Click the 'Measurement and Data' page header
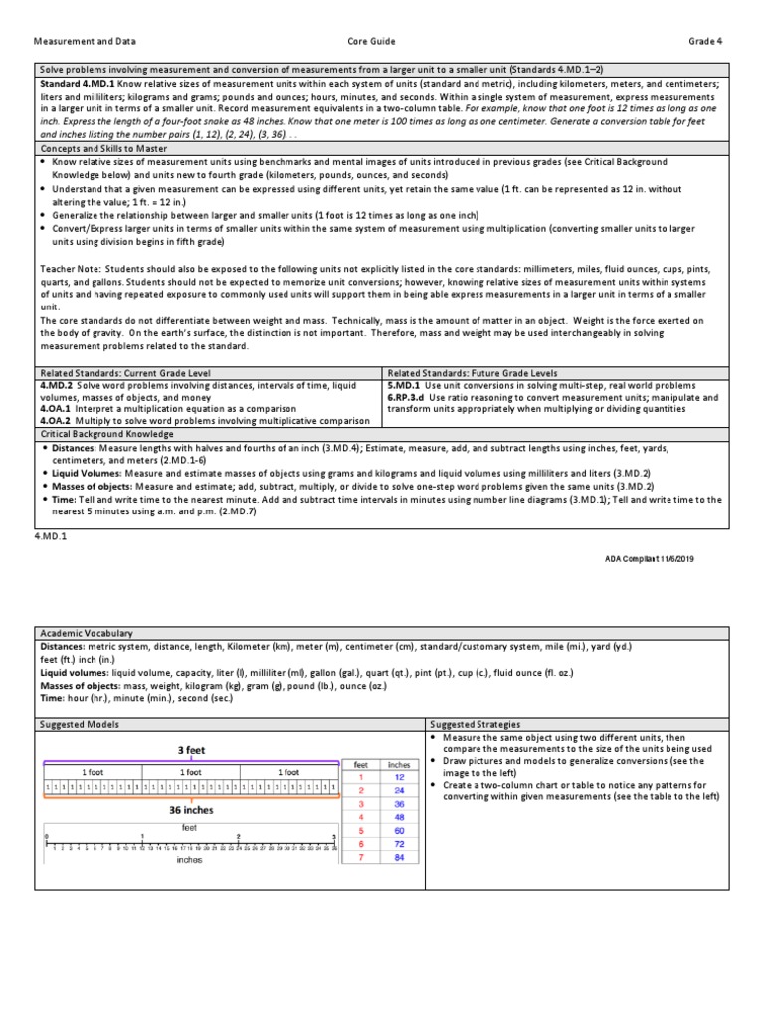click(x=86, y=42)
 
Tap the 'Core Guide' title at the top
click(x=371, y=42)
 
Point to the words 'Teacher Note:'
click(x=72, y=269)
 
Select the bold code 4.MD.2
click(x=57, y=384)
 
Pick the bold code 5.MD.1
click(x=406, y=384)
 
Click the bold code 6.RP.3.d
click(x=410, y=396)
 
